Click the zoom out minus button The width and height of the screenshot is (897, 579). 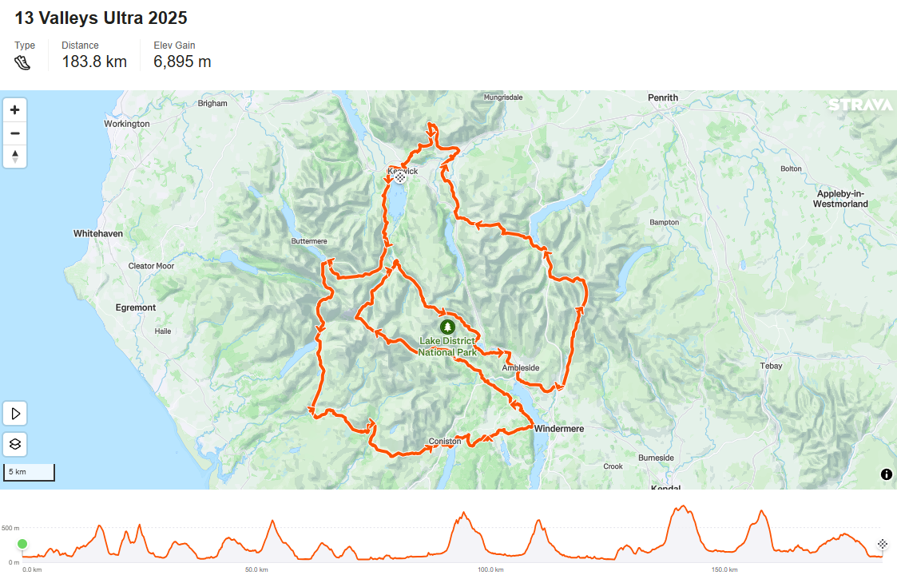[x=14, y=133]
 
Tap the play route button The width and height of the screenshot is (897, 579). [x=15, y=414]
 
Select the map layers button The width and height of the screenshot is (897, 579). [x=15, y=444]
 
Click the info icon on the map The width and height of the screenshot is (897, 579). [x=886, y=474]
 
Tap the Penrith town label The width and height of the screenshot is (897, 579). [x=663, y=97]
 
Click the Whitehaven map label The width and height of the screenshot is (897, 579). [x=98, y=233]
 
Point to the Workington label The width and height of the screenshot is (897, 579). [x=127, y=124]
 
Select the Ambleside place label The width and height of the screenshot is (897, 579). [x=521, y=367]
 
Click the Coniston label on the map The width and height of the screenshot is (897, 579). [x=445, y=441]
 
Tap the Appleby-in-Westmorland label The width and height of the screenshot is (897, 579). [x=842, y=199]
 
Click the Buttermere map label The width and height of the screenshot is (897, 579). [x=309, y=241]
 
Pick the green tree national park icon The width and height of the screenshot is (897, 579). [x=447, y=326]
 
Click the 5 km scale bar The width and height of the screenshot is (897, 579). [x=29, y=473]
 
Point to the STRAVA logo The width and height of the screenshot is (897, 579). [x=859, y=105]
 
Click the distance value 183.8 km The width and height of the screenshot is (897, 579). [x=94, y=61]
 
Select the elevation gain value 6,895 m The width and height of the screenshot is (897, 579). [x=182, y=61]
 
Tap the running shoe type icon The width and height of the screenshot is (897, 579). [x=22, y=61]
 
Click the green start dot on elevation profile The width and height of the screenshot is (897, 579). [x=22, y=544]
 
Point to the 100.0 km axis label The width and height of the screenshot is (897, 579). [x=490, y=569]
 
